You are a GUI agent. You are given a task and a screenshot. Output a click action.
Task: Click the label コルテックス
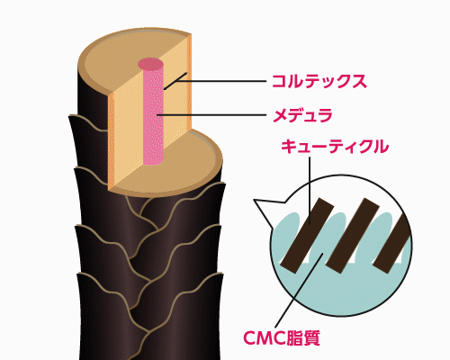[x=319, y=81]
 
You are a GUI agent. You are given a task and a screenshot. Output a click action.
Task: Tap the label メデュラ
[x=302, y=115]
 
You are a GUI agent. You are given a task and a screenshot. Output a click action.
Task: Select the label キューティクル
[x=335, y=147]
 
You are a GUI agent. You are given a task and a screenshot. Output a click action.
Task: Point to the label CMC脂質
[x=282, y=338]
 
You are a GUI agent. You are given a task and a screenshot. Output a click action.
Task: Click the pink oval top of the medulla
[x=150, y=64]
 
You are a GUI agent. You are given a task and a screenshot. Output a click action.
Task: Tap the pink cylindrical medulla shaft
[x=153, y=115]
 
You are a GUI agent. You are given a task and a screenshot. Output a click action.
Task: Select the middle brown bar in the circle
[x=354, y=233]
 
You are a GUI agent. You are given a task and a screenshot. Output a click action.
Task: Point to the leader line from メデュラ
[x=211, y=115]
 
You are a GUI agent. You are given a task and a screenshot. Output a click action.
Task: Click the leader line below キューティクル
[x=310, y=191]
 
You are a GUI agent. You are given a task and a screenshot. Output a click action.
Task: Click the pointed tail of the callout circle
[x=255, y=201]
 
